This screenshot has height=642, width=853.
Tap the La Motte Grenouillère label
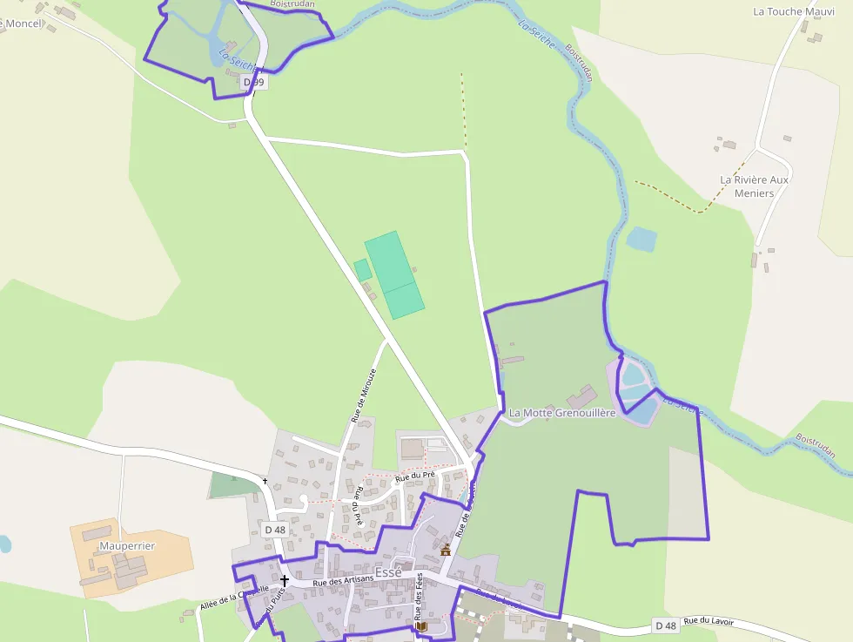tap(562, 412)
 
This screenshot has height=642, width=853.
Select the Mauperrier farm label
tap(127, 545)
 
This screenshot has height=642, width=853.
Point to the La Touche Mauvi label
tap(793, 11)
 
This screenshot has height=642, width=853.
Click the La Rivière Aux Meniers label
tap(754, 186)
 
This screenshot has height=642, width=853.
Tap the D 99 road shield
tap(253, 82)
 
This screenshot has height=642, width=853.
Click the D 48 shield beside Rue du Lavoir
tap(665, 625)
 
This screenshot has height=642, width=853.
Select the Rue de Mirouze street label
tap(364, 395)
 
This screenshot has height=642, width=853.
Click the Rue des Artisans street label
tap(343, 580)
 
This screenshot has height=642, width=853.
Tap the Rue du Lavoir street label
tap(709, 621)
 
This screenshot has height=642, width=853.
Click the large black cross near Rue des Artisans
tap(284, 579)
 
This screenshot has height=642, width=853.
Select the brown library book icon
tap(422, 626)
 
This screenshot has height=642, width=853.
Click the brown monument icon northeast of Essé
tap(446, 549)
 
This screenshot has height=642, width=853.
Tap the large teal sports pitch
tap(394, 274)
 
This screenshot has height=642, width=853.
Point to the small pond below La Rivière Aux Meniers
tap(642, 239)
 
